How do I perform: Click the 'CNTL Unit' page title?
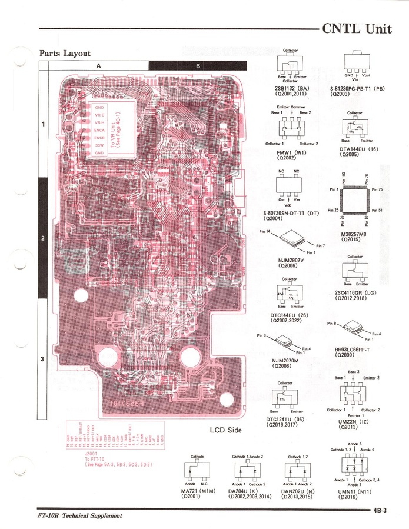[357, 29]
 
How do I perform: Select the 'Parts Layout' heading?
[65, 54]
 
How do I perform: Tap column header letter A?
[98, 65]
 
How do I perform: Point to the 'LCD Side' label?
[226, 430]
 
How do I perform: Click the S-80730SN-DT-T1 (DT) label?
[291, 213]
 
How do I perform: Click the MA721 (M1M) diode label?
[198, 490]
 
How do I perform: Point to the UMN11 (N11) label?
[353, 490]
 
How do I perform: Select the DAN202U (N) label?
[297, 490]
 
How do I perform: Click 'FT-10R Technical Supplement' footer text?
[79, 516]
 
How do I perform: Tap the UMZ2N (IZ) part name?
[352, 422]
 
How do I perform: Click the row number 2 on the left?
[43, 239]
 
